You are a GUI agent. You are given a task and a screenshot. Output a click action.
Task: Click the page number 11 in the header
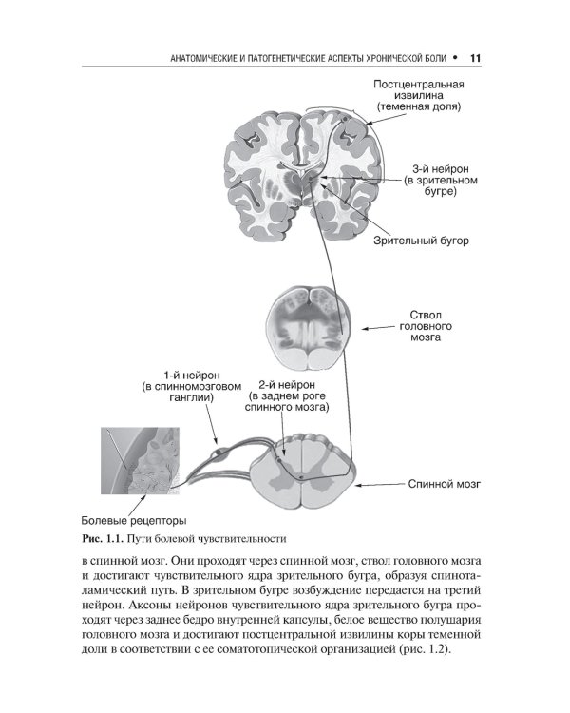point(477,59)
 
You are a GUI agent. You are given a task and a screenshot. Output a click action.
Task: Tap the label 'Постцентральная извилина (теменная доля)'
point(417,96)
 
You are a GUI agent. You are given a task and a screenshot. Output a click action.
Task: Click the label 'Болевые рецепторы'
point(133,520)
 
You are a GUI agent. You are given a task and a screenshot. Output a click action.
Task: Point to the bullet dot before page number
point(456,59)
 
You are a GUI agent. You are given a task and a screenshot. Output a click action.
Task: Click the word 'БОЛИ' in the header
point(433,60)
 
